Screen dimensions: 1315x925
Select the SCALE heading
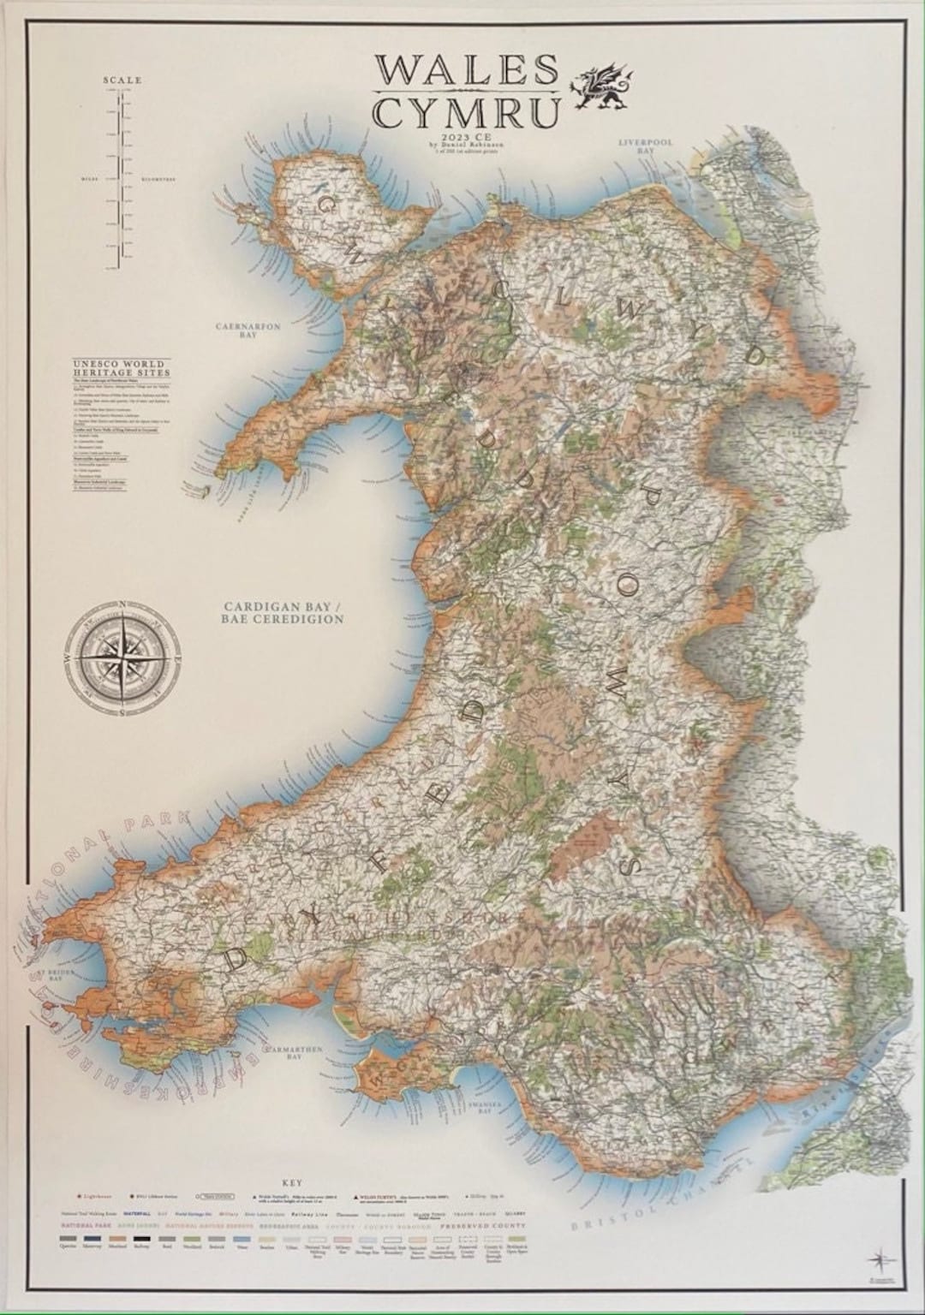tap(122, 80)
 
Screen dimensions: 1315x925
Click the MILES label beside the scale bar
tap(90, 180)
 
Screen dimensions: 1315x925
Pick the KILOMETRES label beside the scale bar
tap(154, 180)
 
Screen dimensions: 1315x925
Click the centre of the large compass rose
tap(124, 660)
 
